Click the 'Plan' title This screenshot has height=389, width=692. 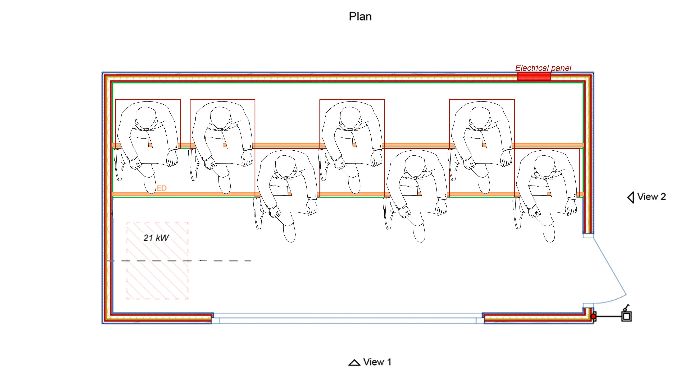(360, 17)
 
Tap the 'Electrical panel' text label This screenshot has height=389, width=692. (543, 68)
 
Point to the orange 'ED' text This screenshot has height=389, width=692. (161, 188)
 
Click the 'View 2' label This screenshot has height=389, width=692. (652, 197)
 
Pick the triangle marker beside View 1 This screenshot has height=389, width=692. (354, 363)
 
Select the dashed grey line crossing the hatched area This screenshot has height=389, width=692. (179, 261)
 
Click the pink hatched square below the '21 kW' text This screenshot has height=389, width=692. (157, 276)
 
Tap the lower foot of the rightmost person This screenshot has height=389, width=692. (549, 233)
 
